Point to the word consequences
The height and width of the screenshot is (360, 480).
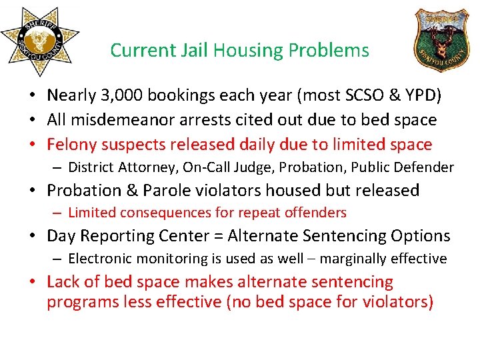tap(165, 213)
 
